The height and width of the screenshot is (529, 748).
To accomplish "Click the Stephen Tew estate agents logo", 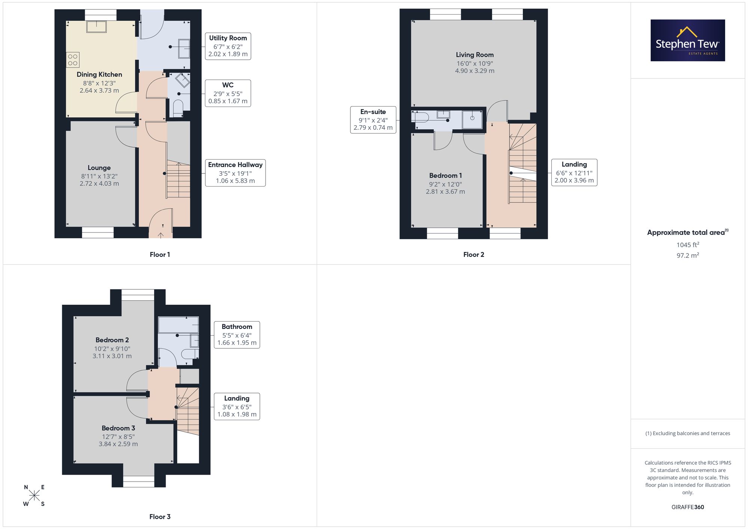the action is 688,40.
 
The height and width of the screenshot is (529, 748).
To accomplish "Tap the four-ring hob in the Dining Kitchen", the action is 73,60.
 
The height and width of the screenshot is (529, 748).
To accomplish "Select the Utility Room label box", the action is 228,46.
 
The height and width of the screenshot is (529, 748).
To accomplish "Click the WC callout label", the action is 228,93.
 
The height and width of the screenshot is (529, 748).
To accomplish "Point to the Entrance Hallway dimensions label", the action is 235,173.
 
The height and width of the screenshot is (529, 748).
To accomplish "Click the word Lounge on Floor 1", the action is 99,167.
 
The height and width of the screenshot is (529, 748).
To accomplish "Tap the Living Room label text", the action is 475,55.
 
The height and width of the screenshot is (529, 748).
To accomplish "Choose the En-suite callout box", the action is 373,120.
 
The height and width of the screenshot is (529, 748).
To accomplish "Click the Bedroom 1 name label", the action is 445,175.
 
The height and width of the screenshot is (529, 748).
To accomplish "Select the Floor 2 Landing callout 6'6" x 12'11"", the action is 574,172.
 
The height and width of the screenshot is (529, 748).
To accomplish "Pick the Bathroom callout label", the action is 237,335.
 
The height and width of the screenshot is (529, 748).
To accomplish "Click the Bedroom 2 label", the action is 112,340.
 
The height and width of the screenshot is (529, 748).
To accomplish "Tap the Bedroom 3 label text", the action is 118,428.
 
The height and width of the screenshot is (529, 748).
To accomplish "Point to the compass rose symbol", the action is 34,496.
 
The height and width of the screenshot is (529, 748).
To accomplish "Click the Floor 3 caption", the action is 160,517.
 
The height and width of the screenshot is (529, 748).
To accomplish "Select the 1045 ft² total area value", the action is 688,245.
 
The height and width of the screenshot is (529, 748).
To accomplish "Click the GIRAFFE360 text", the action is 688,507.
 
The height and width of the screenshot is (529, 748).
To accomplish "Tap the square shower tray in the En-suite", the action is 472,120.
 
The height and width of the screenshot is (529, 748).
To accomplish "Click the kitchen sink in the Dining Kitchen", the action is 96,27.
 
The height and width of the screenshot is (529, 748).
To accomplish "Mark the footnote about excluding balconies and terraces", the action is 688,433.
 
